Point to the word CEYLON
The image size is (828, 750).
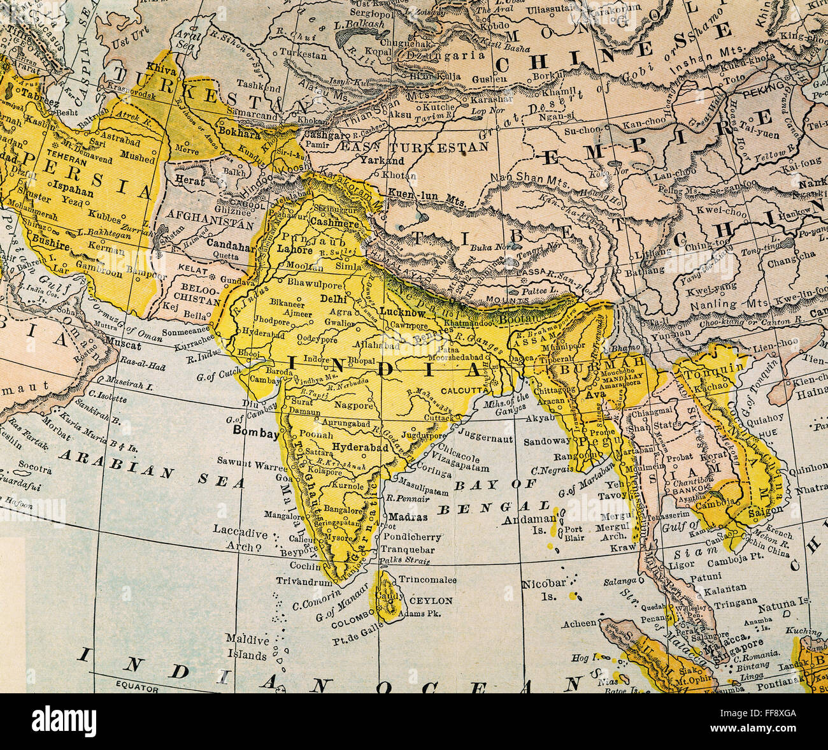pos(431,600)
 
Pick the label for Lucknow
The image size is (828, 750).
pos(402,312)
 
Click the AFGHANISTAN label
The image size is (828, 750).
pos(201,224)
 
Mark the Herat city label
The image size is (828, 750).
pos(191,181)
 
